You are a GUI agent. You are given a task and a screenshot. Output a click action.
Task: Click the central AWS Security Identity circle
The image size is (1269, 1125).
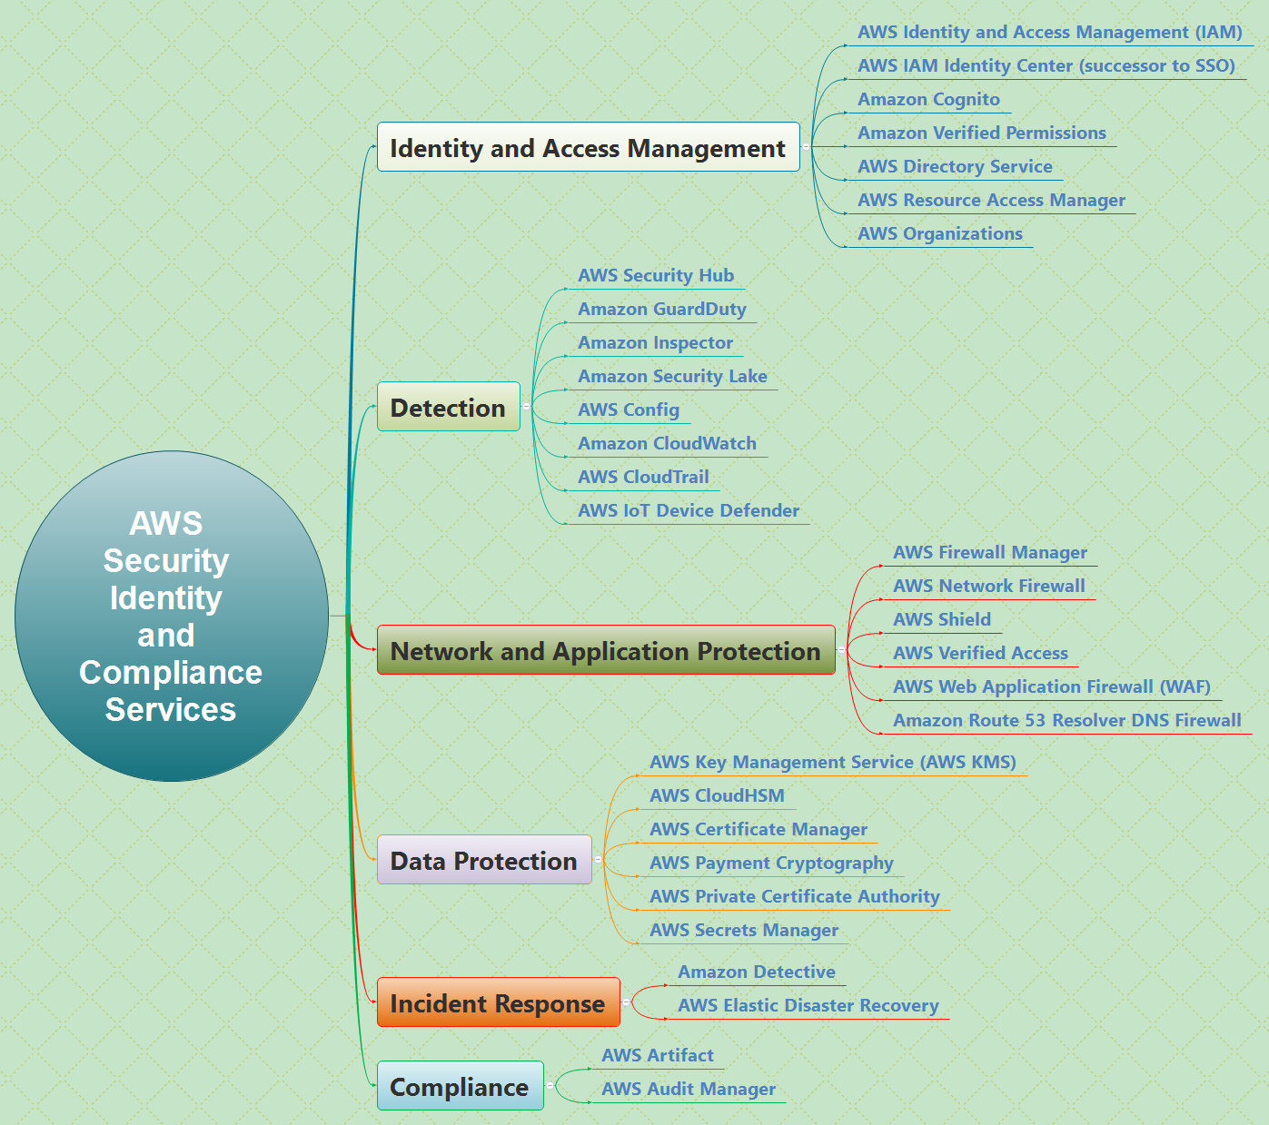(x=171, y=616)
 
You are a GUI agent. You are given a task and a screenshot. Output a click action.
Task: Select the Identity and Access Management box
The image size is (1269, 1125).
(x=588, y=147)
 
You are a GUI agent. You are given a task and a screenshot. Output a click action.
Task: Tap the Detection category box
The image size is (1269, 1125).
(x=448, y=407)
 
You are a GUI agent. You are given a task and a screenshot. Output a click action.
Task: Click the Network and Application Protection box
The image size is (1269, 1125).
(x=605, y=650)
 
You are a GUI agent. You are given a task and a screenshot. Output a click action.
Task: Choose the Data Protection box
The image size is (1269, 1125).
(x=483, y=860)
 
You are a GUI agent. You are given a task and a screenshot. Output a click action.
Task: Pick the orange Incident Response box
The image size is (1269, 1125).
(x=498, y=1002)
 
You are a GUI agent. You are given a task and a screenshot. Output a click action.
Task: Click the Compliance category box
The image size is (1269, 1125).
(x=460, y=1086)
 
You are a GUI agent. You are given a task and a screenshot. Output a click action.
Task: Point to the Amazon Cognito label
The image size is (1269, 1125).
(x=928, y=99)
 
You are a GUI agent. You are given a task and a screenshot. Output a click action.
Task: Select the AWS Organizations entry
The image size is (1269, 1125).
(x=939, y=233)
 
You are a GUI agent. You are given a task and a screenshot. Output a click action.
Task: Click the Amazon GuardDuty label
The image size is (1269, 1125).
(x=661, y=309)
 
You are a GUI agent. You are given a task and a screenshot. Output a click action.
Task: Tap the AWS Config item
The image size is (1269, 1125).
(x=629, y=410)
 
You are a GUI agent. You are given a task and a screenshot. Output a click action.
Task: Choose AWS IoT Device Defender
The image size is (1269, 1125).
(x=688, y=510)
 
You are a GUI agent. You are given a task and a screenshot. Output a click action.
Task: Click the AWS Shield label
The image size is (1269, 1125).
(x=942, y=619)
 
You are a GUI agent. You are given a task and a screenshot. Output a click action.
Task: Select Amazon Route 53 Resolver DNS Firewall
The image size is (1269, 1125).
(x=1066, y=720)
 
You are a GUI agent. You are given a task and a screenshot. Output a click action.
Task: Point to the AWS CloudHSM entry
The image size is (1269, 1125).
(x=717, y=795)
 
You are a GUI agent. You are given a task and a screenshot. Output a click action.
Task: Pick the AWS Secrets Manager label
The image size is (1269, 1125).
(x=743, y=930)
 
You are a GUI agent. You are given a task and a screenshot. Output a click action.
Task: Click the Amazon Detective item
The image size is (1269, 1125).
(x=756, y=972)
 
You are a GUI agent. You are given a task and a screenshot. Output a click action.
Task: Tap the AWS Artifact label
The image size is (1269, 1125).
(x=657, y=1055)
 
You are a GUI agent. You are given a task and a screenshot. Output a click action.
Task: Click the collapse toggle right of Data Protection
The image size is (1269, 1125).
(x=598, y=859)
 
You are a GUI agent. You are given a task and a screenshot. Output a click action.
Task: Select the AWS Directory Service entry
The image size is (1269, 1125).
(x=955, y=166)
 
